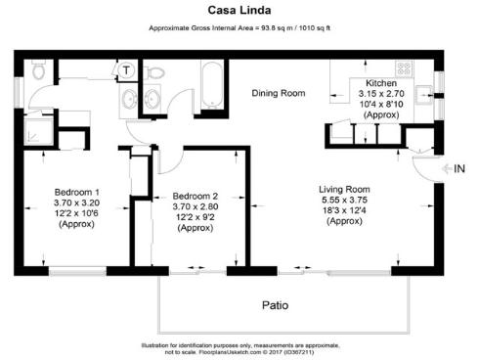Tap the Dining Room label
tap(279, 94)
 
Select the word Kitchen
tap(380, 84)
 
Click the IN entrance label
tap(457, 169)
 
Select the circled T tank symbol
tap(127, 70)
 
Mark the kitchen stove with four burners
tap(402, 69)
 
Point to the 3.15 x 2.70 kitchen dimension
tap(380, 94)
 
